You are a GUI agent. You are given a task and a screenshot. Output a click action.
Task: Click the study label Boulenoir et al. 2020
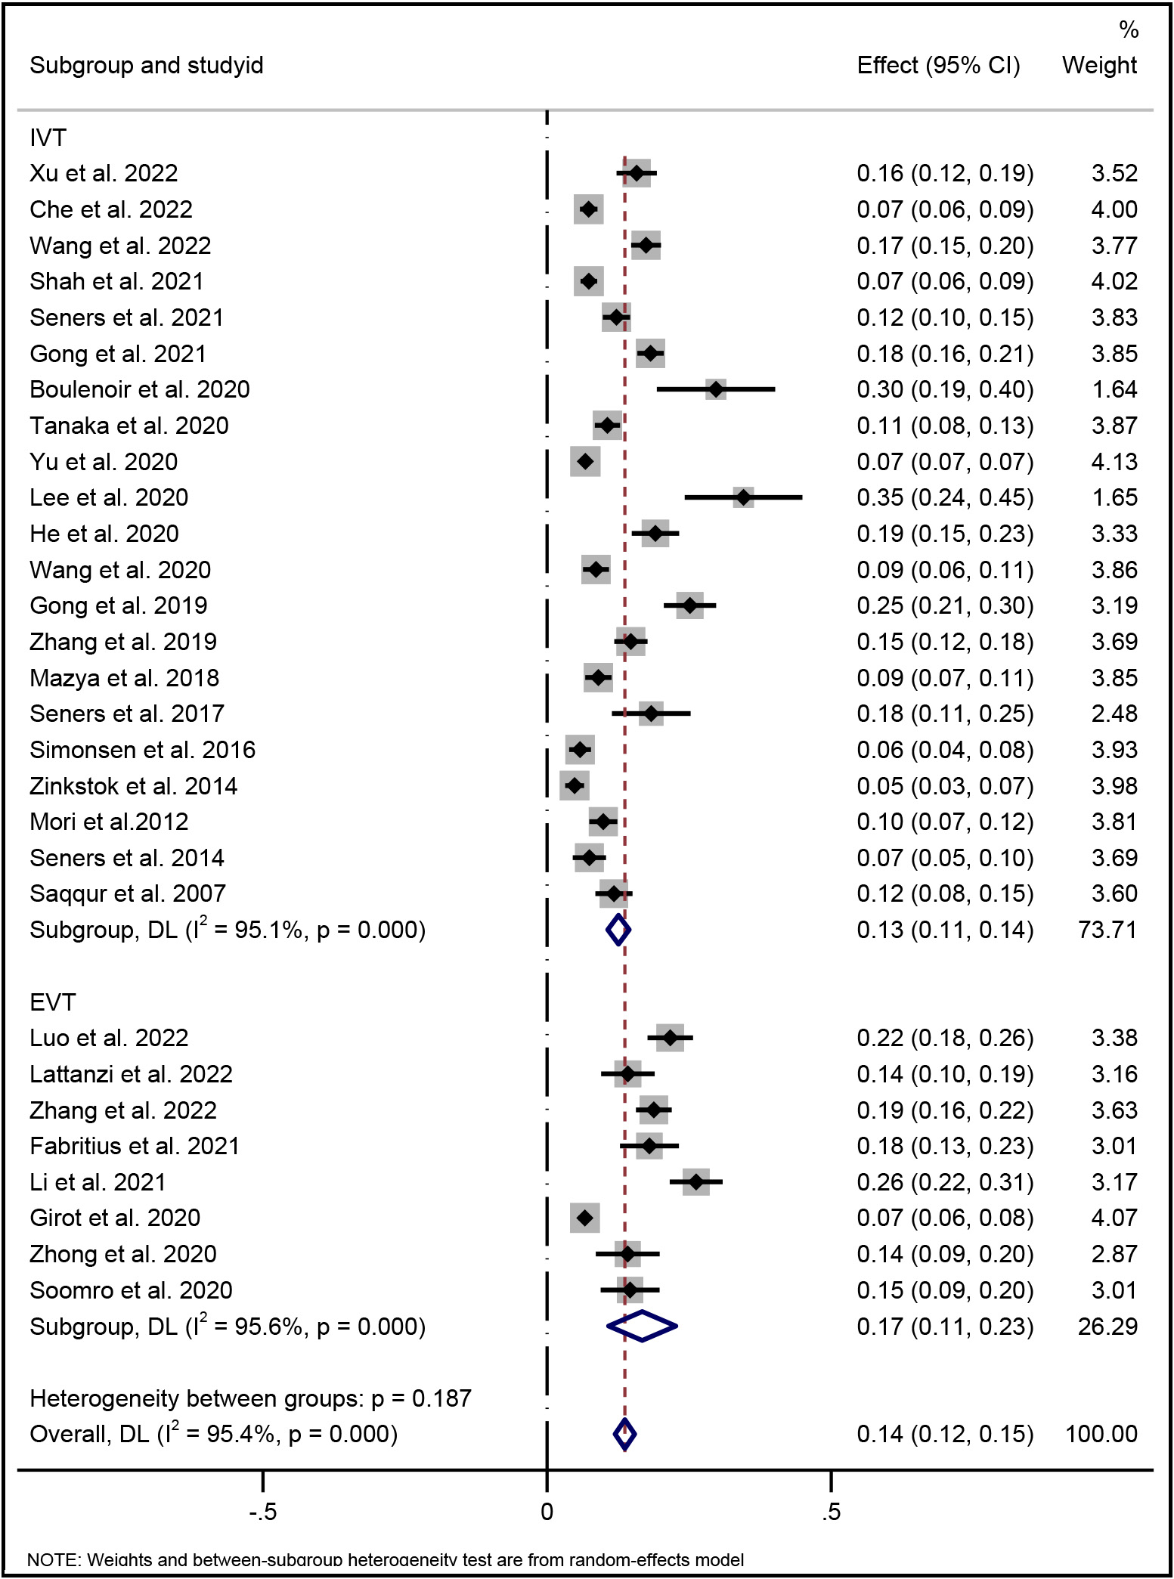[140, 389]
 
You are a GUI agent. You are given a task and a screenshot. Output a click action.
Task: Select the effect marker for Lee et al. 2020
[744, 497]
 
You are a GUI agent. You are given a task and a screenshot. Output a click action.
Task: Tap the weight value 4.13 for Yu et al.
[1114, 462]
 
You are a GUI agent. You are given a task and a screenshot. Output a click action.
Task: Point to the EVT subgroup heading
[52, 1002]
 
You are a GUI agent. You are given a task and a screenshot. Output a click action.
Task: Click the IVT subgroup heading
[48, 138]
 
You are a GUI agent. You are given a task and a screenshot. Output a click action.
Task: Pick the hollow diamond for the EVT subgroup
[642, 1326]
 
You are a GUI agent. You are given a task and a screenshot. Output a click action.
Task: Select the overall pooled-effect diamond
[624, 1434]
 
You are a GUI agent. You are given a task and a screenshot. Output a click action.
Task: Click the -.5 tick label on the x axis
[262, 1512]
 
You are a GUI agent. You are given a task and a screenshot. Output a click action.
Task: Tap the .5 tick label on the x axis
[830, 1512]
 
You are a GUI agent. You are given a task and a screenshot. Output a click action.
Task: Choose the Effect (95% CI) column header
[938, 66]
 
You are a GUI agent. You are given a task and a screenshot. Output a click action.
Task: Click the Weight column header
[1099, 66]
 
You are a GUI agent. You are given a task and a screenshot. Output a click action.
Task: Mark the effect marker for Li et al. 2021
[695, 1181]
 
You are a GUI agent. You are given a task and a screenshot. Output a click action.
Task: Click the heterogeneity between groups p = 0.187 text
[250, 1398]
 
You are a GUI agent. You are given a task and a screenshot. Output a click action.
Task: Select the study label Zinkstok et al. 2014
[133, 786]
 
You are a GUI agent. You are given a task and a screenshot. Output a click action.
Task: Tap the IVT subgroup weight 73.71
[1107, 930]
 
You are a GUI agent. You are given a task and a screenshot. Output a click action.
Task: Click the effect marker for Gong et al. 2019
[689, 605]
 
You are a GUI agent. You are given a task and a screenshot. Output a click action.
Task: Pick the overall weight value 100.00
[1101, 1434]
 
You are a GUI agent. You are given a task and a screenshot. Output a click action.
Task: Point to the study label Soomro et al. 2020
[131, 1290]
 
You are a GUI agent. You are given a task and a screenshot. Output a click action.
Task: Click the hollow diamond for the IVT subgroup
[618, 930]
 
